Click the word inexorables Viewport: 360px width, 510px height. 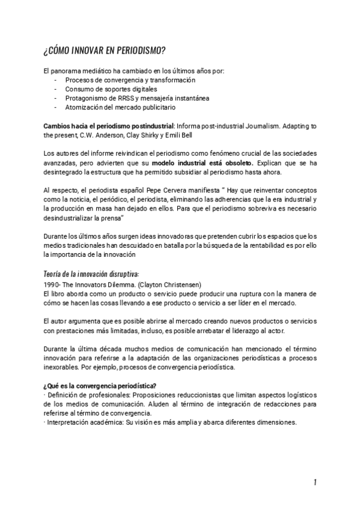point(63,367)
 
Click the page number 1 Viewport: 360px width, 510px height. point(314,482)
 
